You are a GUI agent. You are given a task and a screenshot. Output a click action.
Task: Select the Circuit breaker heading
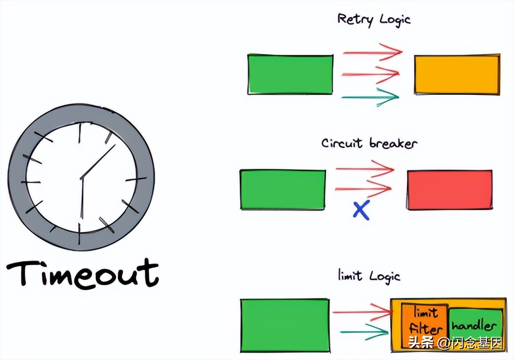click(369, 143)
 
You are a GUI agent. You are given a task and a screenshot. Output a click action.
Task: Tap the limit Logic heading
click(369, 276)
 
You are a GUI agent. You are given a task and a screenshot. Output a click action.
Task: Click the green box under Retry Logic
click(290, 74)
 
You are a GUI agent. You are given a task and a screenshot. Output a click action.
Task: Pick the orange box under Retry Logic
click(457, 74)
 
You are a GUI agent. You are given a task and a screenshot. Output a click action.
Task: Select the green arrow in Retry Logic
click(370, 97)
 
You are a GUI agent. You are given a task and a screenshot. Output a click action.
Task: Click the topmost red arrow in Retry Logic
click(372, 51)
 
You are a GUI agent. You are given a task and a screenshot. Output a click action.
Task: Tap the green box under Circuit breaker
click(283, 189)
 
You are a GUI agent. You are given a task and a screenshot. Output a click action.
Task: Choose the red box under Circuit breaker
click(450, 189)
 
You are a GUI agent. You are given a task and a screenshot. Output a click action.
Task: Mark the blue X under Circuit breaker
click(361, 210)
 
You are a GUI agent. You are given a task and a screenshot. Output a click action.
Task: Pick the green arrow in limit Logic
click(364, 332)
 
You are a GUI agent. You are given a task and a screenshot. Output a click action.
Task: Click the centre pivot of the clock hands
click(82, 178)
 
